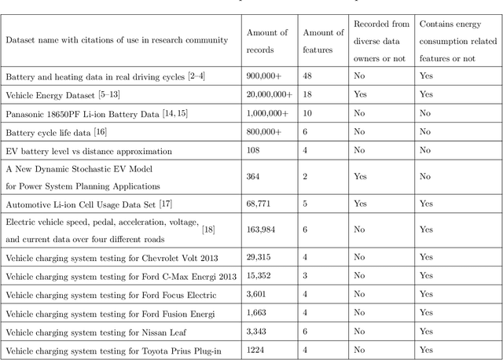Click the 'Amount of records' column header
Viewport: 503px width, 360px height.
267,39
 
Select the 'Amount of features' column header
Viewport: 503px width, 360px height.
323,39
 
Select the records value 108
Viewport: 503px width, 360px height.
255,150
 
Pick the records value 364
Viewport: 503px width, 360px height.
255,177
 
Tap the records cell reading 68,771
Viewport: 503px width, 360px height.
261,204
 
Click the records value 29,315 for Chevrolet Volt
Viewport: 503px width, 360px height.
261,258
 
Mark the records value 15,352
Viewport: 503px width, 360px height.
261,275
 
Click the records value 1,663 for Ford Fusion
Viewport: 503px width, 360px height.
259,313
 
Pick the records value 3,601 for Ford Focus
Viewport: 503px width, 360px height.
259,294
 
